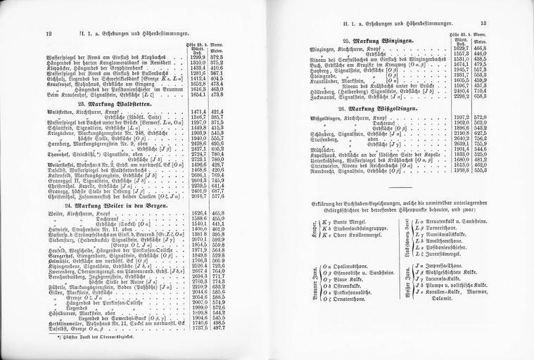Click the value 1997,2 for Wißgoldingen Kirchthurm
pyautogui.click(x=462, y=117)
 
